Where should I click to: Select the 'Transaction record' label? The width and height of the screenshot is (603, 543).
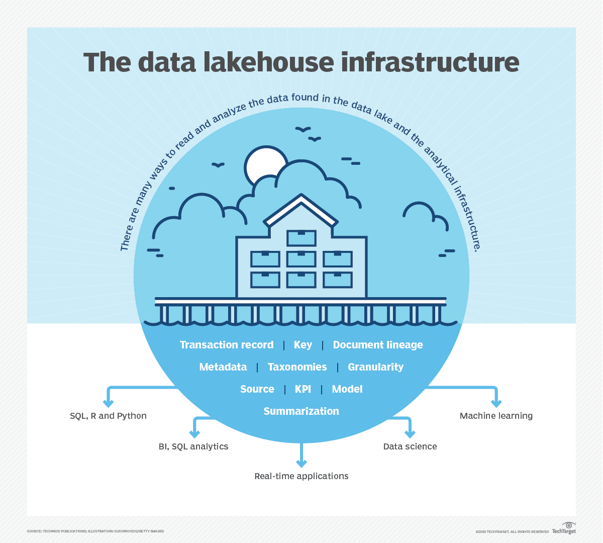coord(227,345)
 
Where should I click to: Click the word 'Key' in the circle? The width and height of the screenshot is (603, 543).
coord(303,345)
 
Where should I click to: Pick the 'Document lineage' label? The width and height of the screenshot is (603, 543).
coord(378,345)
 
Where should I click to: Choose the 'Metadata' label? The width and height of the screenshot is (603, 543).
coord(223,367)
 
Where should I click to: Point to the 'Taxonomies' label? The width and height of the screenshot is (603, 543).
coord(297,367)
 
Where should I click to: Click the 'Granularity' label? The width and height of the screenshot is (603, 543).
coord(376,367)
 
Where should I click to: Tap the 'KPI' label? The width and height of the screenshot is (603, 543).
coord(303,389)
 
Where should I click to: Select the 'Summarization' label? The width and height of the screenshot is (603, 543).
coord(301,411)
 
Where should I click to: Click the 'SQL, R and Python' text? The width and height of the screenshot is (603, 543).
coord(108,416)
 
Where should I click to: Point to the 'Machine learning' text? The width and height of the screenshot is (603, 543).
coord(496,416)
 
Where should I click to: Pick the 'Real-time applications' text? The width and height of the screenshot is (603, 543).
coord(301,476)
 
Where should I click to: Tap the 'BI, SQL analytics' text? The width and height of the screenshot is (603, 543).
coord(193,446)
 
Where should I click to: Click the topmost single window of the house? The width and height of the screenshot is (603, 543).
coord(301,238)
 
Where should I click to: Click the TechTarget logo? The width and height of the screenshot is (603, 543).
coord(564,528)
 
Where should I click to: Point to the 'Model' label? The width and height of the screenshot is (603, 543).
coord(347,389)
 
